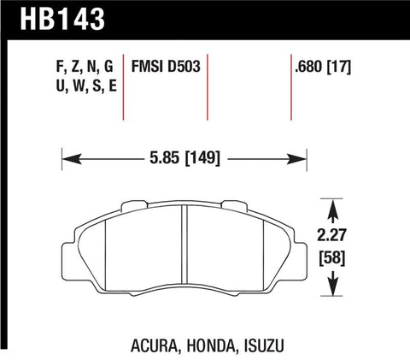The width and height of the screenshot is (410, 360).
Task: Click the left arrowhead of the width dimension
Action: (x=67, y=157)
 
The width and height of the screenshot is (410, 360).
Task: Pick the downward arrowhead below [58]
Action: (x=331, y=293)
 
